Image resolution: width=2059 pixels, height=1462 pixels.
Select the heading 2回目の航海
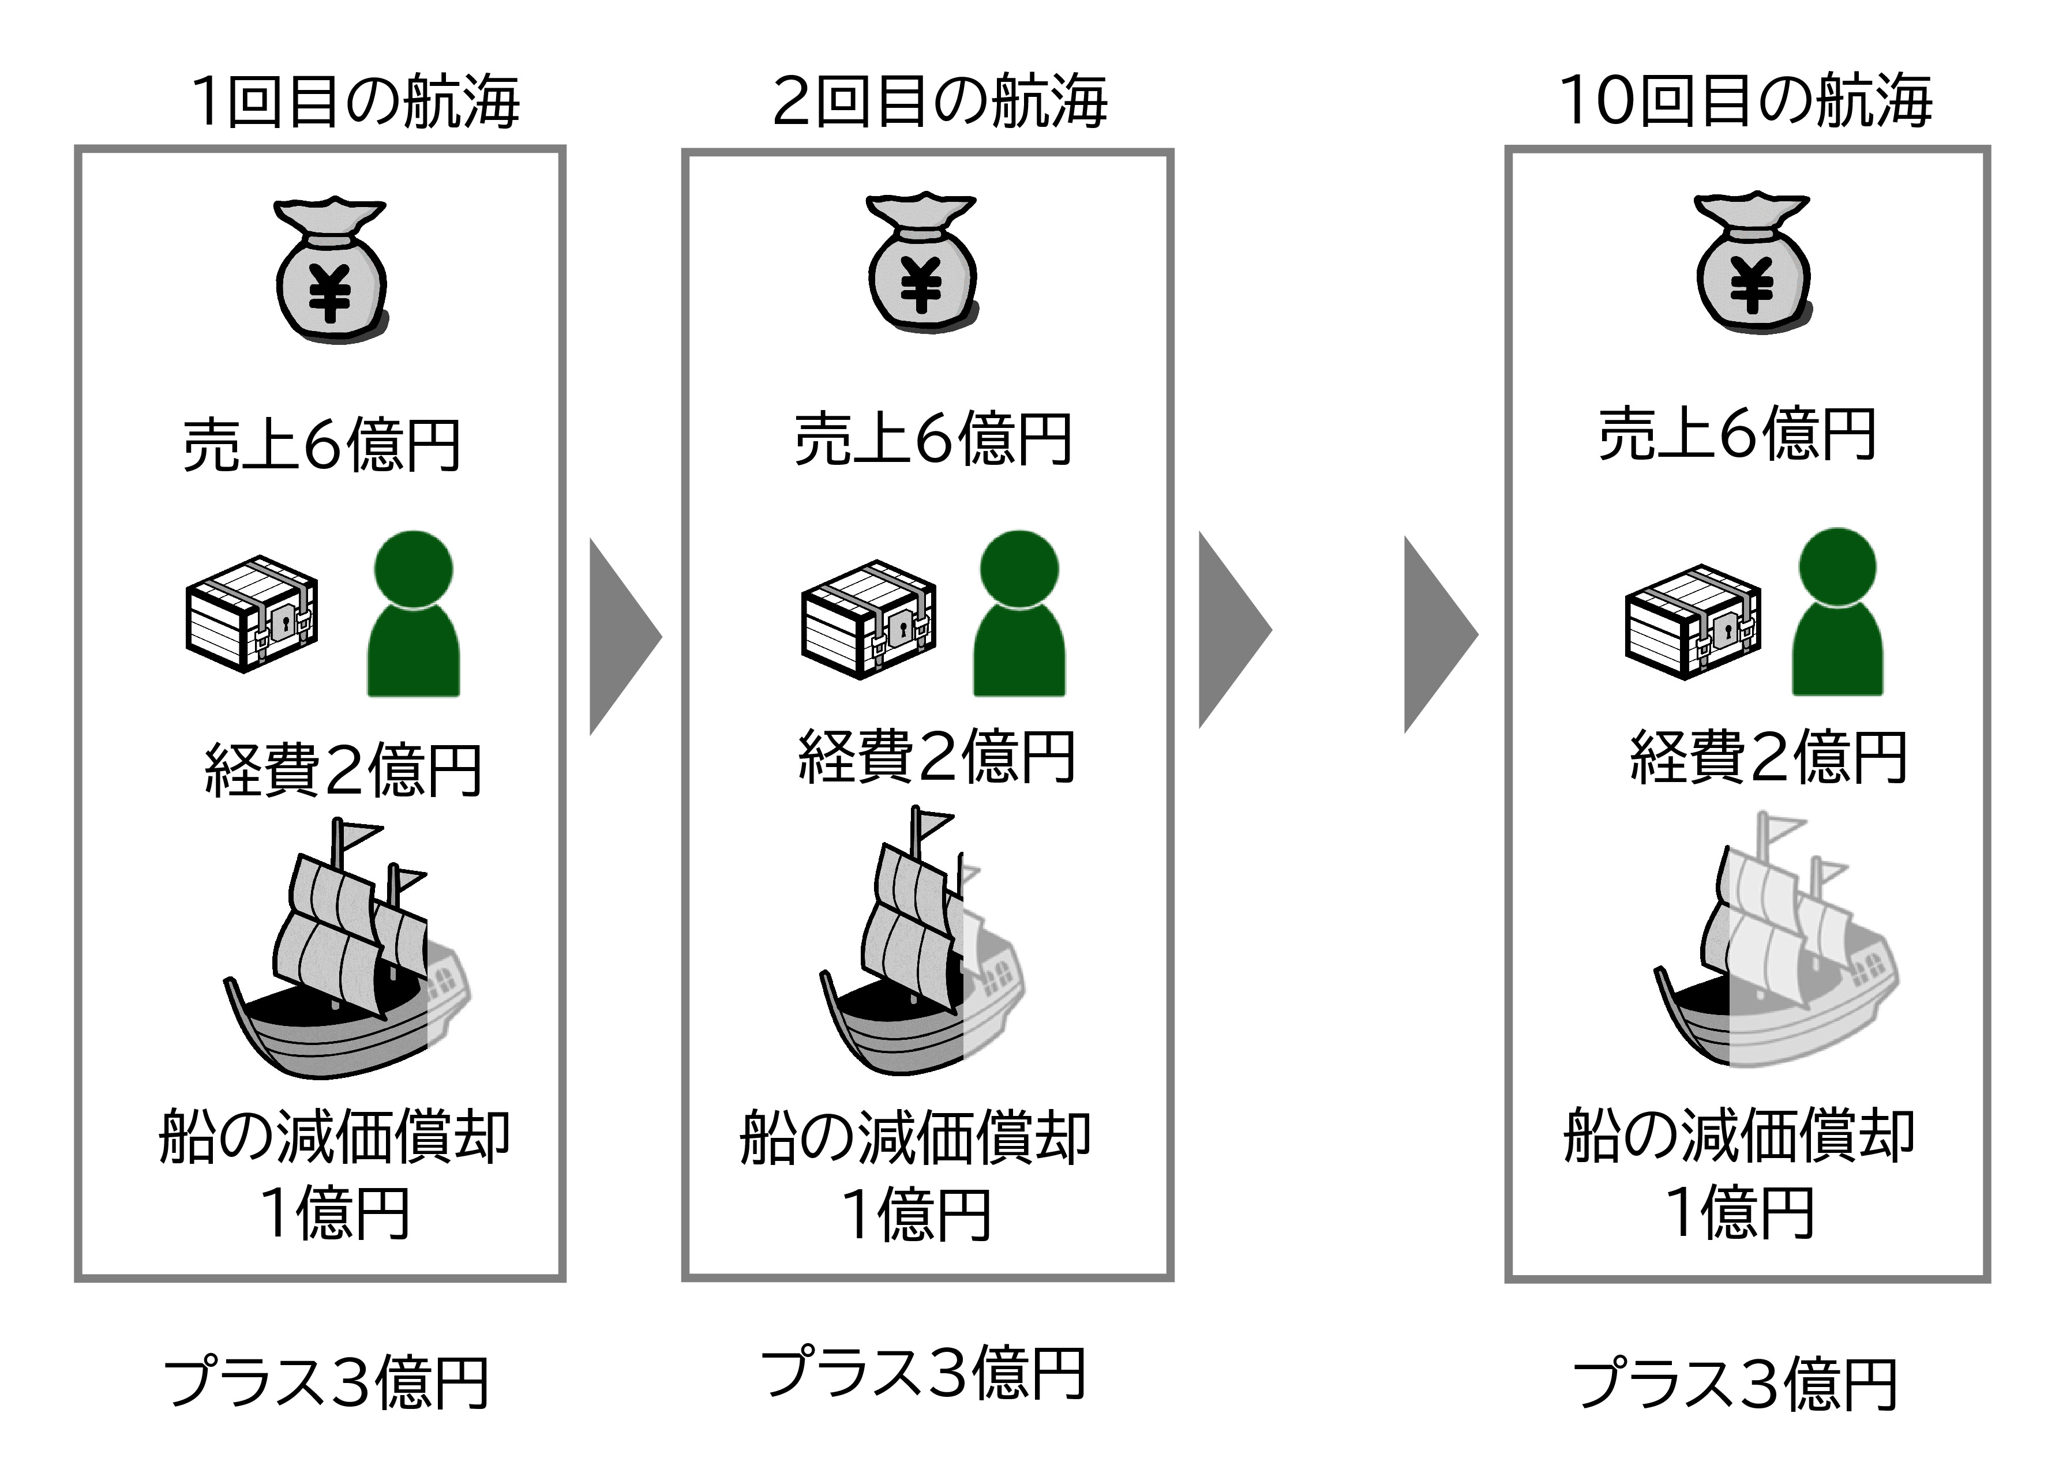click(939, 101)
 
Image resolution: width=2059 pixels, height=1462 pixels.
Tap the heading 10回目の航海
click(1745, 101)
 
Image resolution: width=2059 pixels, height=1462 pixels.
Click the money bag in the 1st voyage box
click(331, 269)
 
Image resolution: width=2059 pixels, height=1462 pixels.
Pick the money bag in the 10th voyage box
click(1753, 264)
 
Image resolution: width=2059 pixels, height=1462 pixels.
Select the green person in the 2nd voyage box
click(1019, 614)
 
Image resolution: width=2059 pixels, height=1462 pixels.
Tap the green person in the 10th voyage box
click(1837, 612)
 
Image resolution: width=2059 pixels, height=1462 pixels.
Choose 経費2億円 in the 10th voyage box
click(1768, 757)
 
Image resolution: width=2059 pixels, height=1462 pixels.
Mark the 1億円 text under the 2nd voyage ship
click(916, 1213)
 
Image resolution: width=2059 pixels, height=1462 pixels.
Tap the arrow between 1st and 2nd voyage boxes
click(624, 637)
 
